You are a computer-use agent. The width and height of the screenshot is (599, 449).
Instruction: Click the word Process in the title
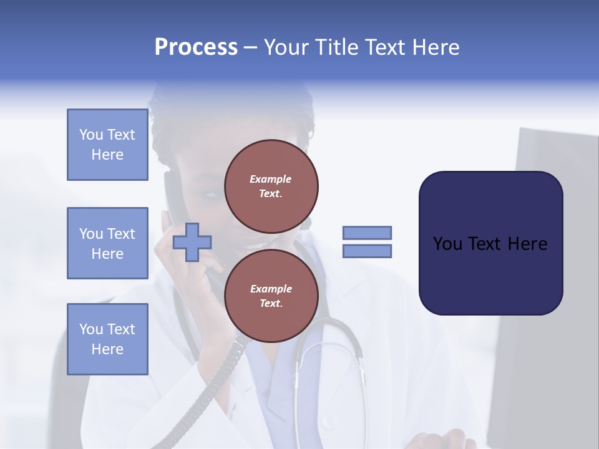click(196, 47)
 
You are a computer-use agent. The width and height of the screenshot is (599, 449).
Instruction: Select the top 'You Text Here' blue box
click(107, 145)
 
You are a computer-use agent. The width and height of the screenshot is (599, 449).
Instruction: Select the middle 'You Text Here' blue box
click(107, 243)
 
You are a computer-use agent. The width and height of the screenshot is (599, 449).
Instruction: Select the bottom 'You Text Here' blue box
click(107, 339)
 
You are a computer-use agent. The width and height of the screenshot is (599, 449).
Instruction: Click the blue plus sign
click(192, 243)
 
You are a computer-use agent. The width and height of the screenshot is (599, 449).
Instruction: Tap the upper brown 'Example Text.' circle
click(271, 186)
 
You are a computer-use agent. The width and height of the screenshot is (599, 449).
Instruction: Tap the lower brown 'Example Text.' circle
click(271, 296)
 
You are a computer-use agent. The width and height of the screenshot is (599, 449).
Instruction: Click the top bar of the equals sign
click(367, 233)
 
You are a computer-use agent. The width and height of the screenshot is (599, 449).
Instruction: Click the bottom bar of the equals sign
click(367, 251)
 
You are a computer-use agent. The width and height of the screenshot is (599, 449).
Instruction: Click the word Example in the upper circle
click(271, 179)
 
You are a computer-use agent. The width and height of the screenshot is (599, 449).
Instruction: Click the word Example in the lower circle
click(271, 289)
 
